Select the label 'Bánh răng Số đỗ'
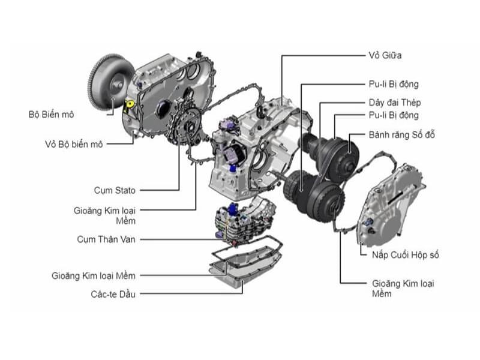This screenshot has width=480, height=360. (400, 134)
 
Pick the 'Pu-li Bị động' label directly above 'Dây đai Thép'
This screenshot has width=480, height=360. (393, 85)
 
